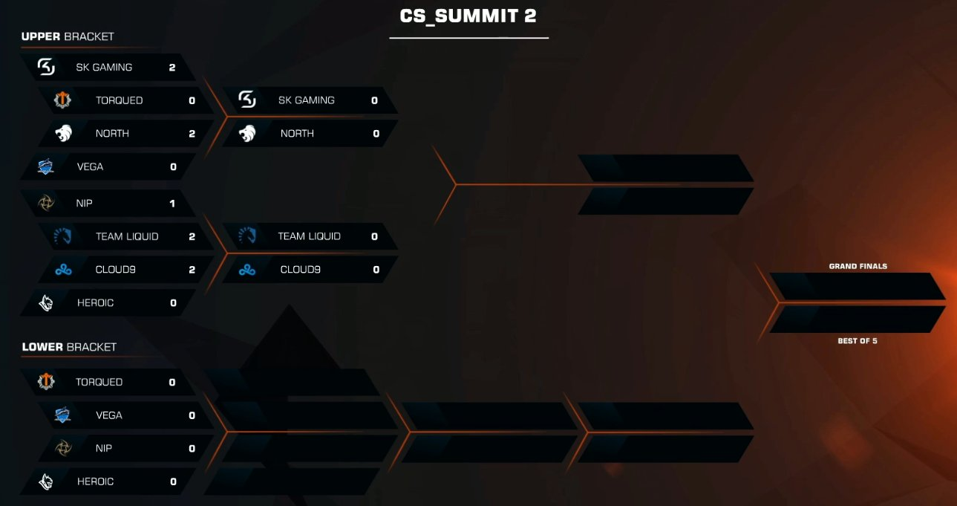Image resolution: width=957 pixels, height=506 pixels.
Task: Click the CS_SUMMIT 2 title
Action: [468, 16]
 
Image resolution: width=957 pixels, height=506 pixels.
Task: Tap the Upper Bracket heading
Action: [68, 36]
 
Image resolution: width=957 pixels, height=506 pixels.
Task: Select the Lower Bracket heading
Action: [69, 347]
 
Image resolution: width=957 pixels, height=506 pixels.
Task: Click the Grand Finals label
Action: [858, 266]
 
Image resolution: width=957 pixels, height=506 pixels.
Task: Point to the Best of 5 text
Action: [858, 341]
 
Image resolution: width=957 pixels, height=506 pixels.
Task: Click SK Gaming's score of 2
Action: [172, 68]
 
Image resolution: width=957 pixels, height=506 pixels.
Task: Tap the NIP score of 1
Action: [172, 204]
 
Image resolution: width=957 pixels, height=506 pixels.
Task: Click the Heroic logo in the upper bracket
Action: [46, 303]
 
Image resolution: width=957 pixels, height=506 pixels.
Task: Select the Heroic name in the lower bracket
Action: [95, 481]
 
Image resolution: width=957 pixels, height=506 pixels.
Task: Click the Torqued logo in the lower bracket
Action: [46, 382]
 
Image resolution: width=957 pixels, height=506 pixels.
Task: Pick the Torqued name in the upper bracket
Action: [119, 100]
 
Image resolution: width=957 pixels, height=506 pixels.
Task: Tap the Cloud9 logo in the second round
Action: [247, 270]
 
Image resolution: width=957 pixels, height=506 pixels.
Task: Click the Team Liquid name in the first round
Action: [127, 237]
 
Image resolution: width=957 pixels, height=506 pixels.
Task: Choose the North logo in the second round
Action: [248, 134]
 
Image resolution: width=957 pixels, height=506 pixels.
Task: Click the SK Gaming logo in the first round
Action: [46, 68]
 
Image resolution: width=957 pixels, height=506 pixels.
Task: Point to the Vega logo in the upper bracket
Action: [46, 167]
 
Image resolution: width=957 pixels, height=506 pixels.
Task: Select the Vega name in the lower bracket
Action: [108, 415]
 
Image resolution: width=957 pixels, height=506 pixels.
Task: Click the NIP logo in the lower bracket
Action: [65, 449]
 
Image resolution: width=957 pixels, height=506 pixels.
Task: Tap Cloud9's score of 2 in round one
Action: [192, 270]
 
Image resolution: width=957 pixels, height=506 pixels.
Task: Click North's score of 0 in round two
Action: [376, 134]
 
